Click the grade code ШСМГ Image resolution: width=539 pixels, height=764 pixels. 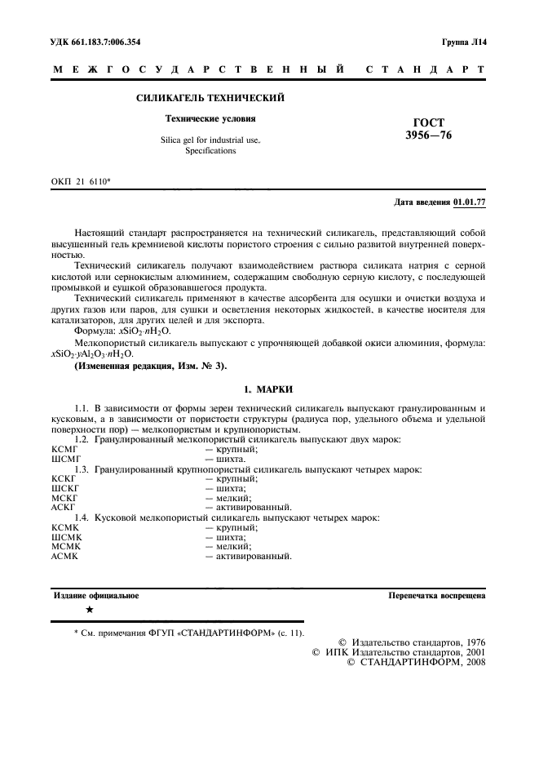[x=64, y=459]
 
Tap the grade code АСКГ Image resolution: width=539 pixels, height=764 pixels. [x=63, y=507]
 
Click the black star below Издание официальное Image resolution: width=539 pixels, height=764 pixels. [x=89, y=611]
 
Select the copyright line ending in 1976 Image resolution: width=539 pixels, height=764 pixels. [x=412, y=642]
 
